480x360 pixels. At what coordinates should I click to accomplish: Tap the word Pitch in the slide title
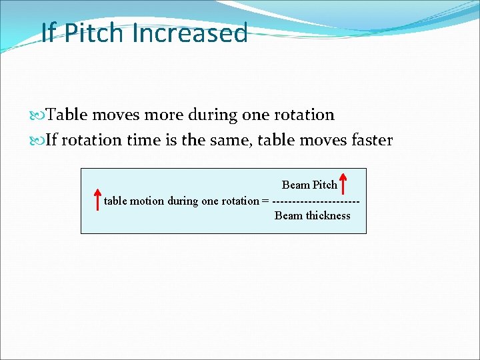(95, 33)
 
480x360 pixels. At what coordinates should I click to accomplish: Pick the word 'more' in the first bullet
(162, 115)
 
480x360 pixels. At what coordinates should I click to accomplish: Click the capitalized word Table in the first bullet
(67, 115)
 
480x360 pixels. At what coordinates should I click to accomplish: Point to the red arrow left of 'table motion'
(97, 200)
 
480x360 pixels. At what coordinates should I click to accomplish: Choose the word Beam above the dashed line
(295, 185)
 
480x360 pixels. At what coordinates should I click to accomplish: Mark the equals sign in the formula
(266, 201)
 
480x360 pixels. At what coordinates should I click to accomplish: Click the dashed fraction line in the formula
(317, 201)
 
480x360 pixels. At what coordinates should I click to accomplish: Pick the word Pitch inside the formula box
(325, 185)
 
